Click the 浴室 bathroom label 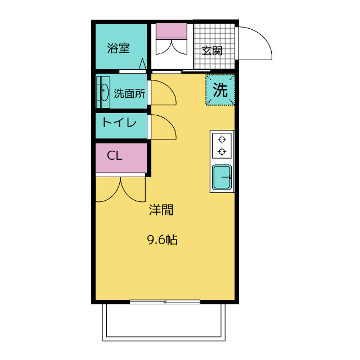coord(118,48)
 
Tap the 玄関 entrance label coord(212,51)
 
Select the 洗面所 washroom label coord(129,93)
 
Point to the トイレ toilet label coord(119,122)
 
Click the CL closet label coord(114,156)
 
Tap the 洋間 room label coord(161,210)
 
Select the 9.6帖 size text coord(162,240)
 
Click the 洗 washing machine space coord(220,90)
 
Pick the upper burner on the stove coord(222,139)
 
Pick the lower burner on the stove coord(222,151)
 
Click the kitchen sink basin coord(222,177)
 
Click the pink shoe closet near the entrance coord(172,30)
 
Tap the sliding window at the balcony coord(165,301)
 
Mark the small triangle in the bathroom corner coord(142,64)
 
